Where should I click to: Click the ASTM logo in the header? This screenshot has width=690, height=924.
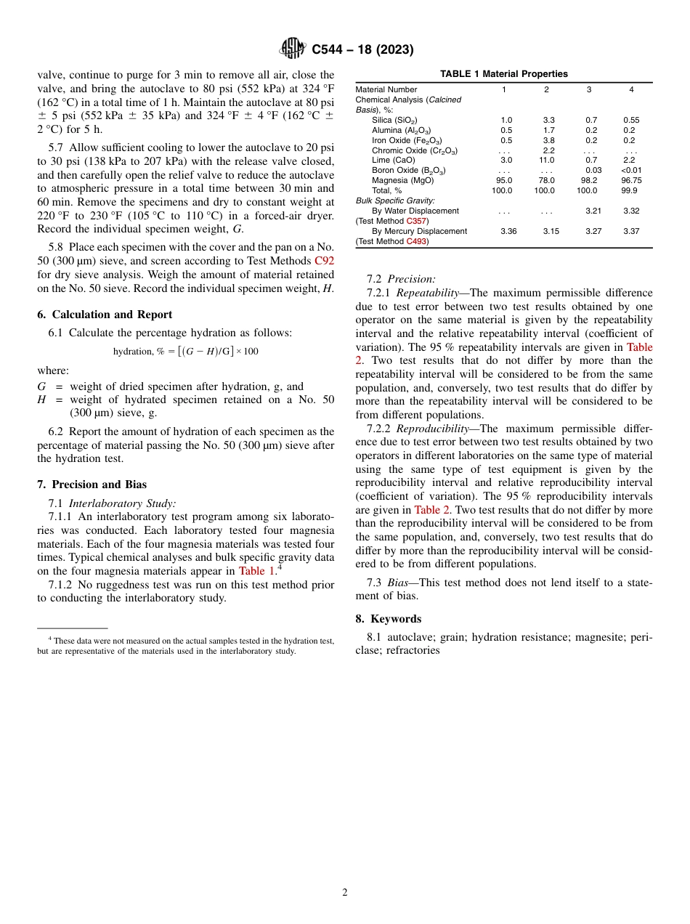(x=293, y=49)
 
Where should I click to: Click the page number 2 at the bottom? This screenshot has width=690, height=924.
(x=345, y=892)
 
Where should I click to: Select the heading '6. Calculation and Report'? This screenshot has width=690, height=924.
(x=105, y=315)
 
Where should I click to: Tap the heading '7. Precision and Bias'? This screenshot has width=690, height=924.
(x=92, y=485)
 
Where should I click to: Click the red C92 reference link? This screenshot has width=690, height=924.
(x=324, y=261)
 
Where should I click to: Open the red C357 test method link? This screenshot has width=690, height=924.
(x=417, y=221)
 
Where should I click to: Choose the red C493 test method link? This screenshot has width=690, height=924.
(x=417, y=241)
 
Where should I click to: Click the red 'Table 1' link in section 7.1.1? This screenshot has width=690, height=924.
(x=256, y=571)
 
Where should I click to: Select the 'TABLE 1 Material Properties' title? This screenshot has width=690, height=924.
(x=503, y=74)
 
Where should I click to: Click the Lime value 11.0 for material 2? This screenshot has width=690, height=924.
(x=546, y=160)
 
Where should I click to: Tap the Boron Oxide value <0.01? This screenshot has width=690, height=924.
(x=631, y=170)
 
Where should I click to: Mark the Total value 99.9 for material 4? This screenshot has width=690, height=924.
(x=630, y=190)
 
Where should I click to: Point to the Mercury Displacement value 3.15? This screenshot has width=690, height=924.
(x=546, y=231)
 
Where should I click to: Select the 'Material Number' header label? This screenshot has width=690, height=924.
(x=386, y=89)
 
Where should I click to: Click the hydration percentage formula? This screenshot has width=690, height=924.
(x=185, y=352)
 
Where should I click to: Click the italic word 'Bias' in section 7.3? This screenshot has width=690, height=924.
(x=398, y=583)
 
